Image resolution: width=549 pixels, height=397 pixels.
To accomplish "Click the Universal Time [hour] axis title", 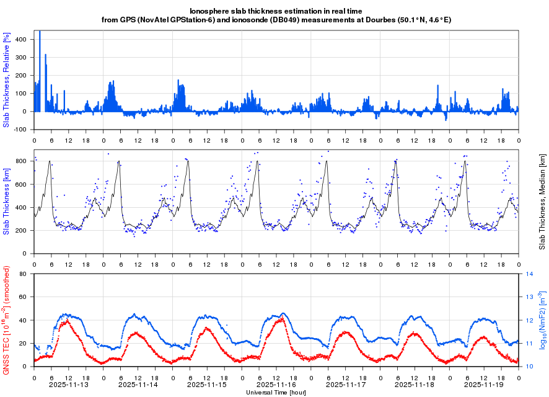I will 276,392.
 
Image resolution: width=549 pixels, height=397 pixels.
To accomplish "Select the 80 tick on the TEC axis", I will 27,274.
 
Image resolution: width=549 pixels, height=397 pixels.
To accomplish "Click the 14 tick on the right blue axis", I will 530,274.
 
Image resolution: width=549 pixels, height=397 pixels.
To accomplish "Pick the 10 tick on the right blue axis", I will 530,367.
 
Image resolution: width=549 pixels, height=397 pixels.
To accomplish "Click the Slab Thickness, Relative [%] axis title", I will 7,81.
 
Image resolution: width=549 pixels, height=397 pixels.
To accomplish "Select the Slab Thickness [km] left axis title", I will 7,202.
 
